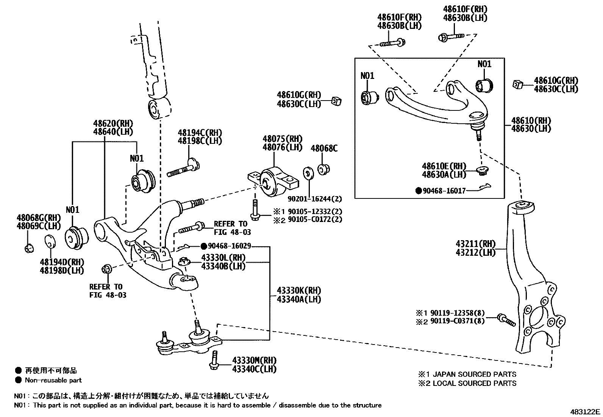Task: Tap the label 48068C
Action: coord(324,148)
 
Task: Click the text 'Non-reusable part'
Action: coord(53,380)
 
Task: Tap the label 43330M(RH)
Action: coord(254,360)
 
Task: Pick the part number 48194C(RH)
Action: coord(200,132)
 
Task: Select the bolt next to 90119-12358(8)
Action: coord(506,320)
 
